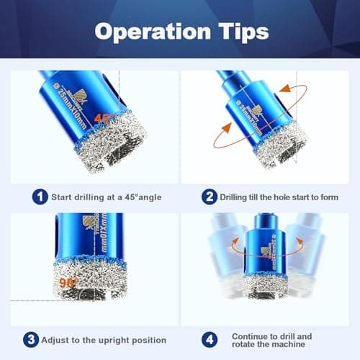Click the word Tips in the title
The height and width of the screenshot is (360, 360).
(x=238, y=32)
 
